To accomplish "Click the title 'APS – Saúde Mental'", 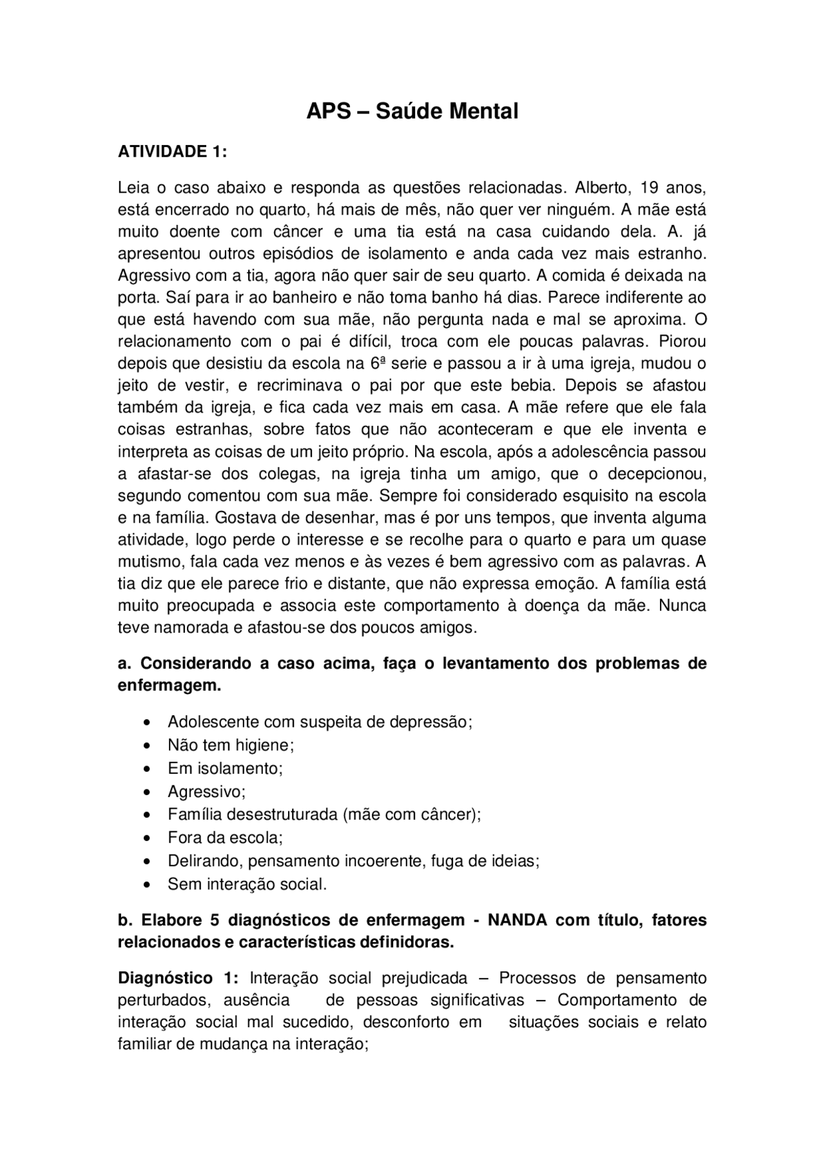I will [412, 111].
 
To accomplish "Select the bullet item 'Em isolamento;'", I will [225, 768].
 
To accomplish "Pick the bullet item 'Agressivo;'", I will [206, 791].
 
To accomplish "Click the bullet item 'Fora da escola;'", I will [225, 838].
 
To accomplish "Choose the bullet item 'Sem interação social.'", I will [247, 884].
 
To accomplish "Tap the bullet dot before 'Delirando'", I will [149, 862].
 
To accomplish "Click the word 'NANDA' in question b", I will [517, 920].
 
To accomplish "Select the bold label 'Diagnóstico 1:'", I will [178, 978].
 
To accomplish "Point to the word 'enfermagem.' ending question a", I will [169, 686].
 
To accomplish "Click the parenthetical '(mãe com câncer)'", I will [411, 815].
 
